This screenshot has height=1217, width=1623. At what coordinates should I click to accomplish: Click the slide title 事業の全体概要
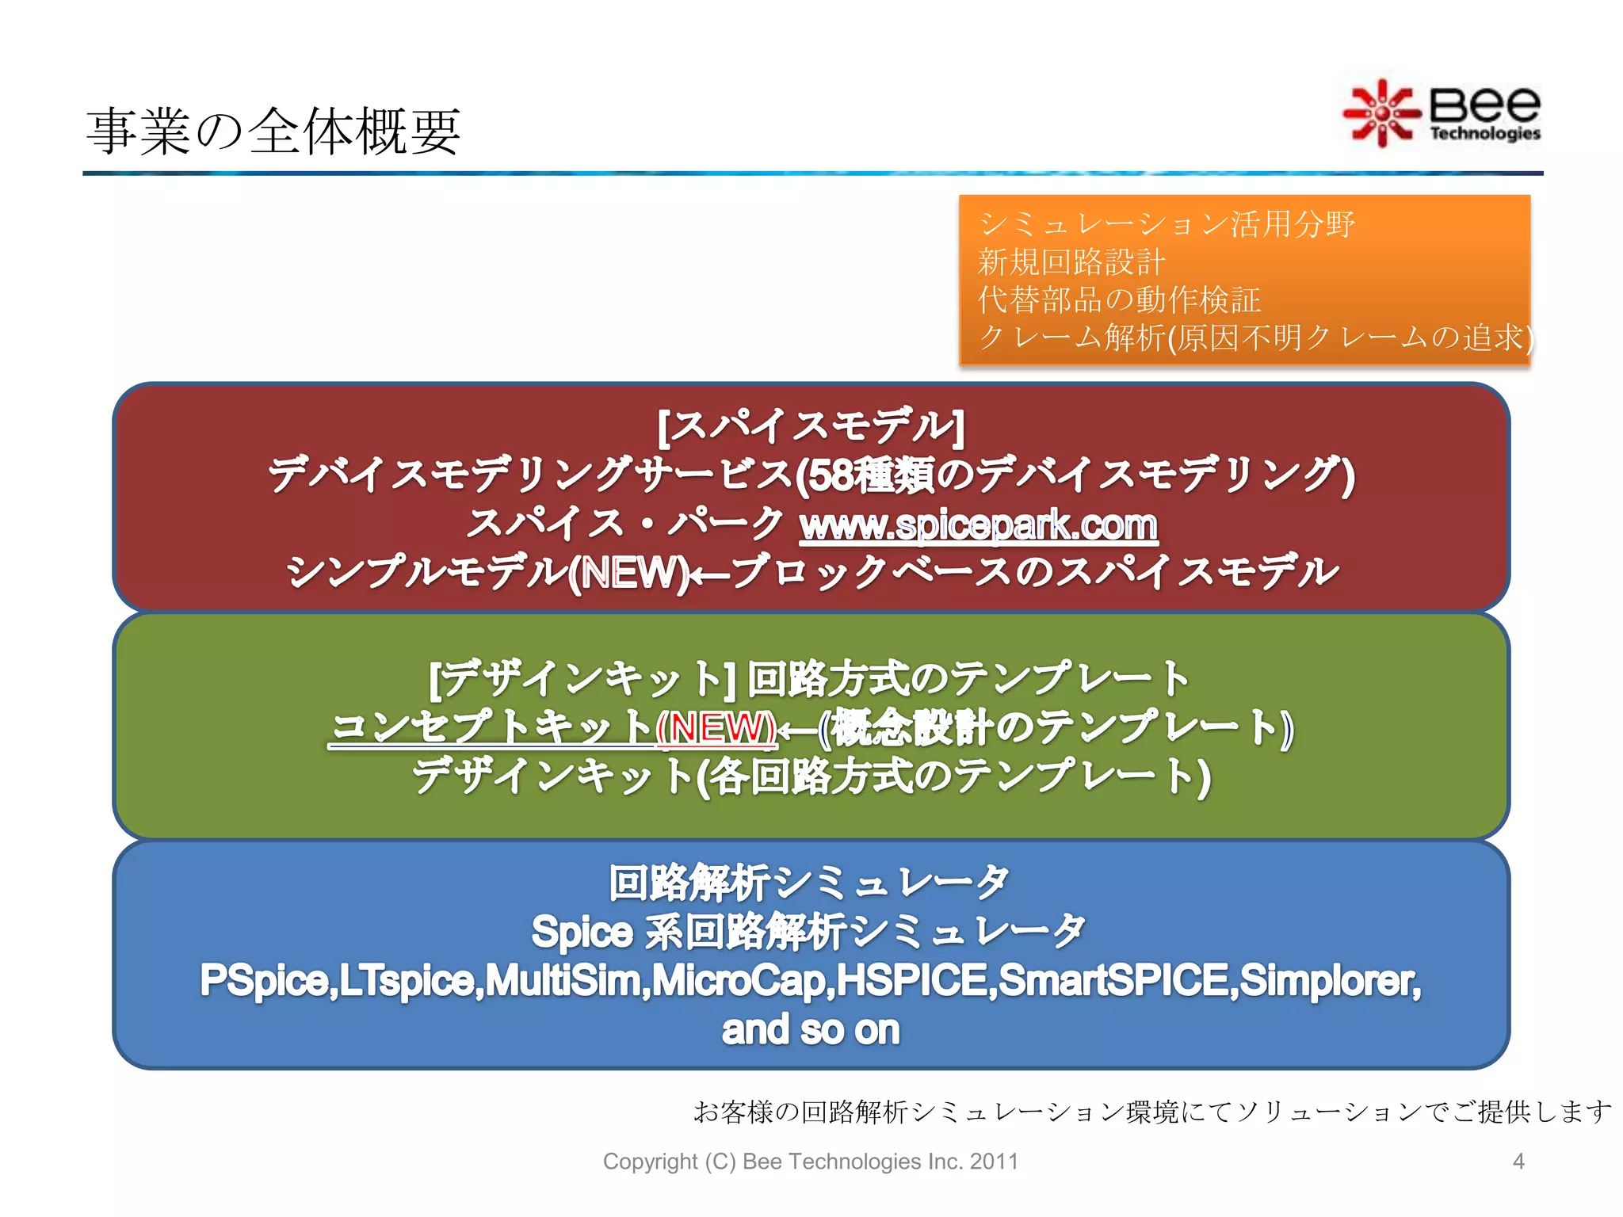(273, 132)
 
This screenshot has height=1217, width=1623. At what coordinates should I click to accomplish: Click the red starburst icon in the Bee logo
(1381, 114)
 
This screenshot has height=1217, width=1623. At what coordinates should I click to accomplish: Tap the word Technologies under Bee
(1484, 133)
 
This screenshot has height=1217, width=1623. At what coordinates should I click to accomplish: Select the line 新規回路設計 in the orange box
(1071, 261)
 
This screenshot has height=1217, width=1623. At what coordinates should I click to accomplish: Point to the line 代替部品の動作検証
(1118, 299)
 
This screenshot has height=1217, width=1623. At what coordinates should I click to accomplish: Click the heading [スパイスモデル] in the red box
(811, 426)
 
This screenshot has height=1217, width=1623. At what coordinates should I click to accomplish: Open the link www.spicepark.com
(978, 525)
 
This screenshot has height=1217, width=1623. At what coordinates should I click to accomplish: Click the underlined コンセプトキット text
(491, 727)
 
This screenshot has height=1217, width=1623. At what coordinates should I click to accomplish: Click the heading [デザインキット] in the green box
(582, 679)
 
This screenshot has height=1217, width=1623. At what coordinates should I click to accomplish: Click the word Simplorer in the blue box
(1328, 981)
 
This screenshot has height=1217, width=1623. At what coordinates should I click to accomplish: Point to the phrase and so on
(811, 1030)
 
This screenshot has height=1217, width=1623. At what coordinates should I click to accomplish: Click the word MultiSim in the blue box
(566, 981)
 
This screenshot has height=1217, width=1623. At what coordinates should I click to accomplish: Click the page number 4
(1518, 1162)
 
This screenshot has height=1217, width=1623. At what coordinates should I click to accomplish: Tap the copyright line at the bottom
(810, 1162)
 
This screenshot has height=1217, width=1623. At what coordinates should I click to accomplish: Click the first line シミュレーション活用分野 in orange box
(1166, 224)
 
